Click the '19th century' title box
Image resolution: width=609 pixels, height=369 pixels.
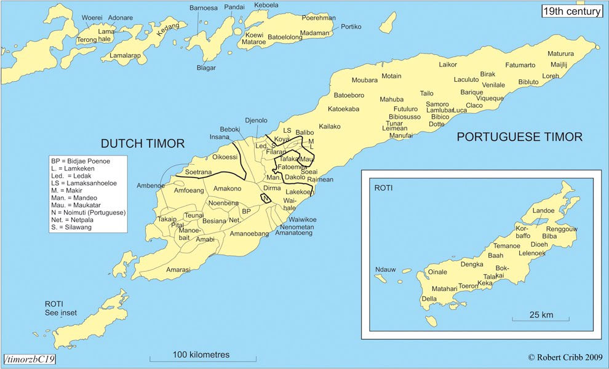(x=571, y=10)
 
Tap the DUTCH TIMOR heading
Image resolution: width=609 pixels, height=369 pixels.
(x=142, y=144)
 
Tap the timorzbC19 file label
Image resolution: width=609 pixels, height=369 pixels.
(x=29, y=359)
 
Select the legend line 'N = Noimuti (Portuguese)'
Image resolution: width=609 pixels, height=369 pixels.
(x=88, y=213)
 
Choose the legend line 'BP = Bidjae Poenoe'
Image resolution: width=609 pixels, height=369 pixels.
(x=79, y=161)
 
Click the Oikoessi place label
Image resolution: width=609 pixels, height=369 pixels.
(x=225, y=157)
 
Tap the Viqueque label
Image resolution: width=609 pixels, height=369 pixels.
(x=490, y=98)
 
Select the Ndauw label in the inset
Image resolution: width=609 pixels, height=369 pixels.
(x=385, y=269)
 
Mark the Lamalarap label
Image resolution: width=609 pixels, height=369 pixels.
(x=125, y=55)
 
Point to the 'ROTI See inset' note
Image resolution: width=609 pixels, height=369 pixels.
(x=61, y=308)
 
